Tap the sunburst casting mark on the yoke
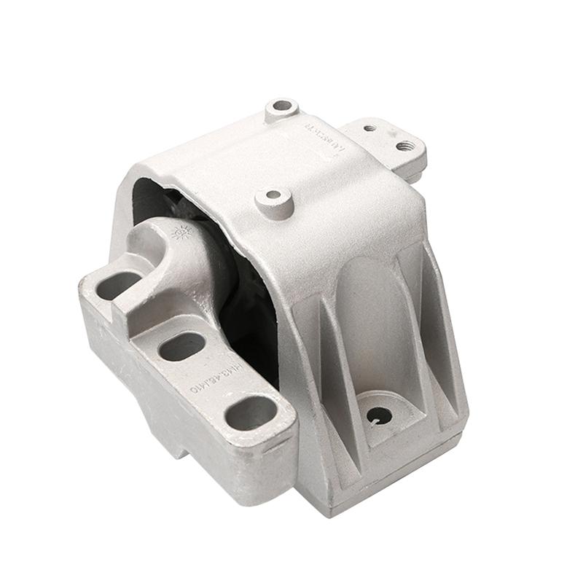point(181,232)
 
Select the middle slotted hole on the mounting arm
point(182,346)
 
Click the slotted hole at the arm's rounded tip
point(251,413)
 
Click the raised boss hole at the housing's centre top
point(274,195)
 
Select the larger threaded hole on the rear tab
point(406,146)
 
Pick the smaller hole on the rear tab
point(369,128)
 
